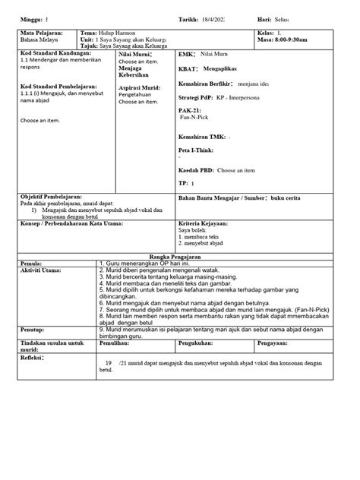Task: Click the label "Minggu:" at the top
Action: (x=33, y=17)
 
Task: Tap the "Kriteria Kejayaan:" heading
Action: (x=207, y=224)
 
